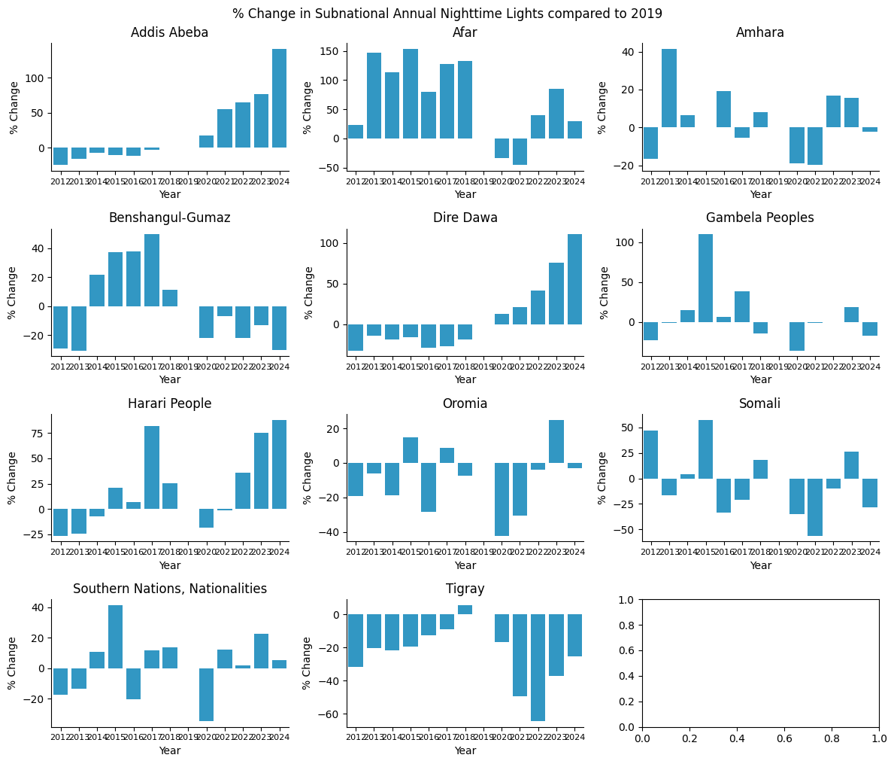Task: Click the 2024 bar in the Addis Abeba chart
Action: pyautogui.click(x=279, y=99)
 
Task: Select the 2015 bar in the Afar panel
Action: pyautogui.click(x=411, y=94)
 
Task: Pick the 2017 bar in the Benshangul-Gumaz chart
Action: pyautogui.click(x=152, y=270)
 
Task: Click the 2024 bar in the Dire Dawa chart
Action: pyautogui.click(x=574, y=279)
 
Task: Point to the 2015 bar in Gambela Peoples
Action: pyautogui.click(x=706, y=278)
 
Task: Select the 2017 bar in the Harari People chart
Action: pyautogui.click(x=152, y=467)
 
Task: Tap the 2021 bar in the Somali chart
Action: pyautogui.click(x=815, y=507)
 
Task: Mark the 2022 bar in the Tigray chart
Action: pyautogui.click(x=538, y=668)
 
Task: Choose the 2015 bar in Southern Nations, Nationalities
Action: pyautogui.click(x=115, y=637)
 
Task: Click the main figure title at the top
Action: pyautogui.click(x=447, y=14)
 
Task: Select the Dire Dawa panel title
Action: pyautogui.click(x=465, y=218)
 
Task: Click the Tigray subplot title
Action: pyautogui.click(x=465, y=589)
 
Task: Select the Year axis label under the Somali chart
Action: pyautogui.click(x=760, y=565)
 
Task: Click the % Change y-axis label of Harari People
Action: pyautogui.click(x=12, y=478)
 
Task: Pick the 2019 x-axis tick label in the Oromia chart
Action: pyautogui.click(x=483, y=552)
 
